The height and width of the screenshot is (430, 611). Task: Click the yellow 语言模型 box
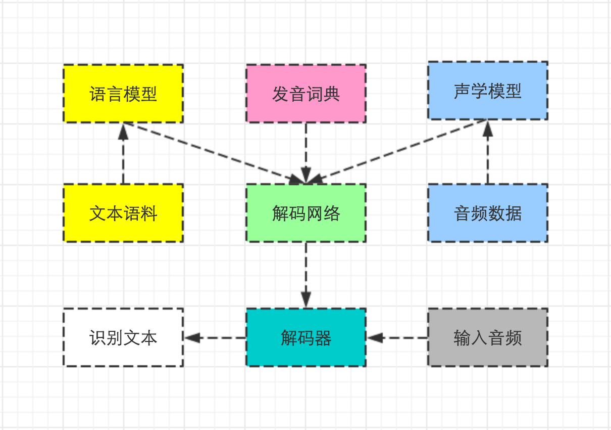pyautogui.click(x=123, y=94)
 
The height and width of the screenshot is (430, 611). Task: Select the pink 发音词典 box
pyautogui.click(x=306, y=94)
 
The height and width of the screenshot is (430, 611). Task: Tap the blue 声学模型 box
pyautogui.click(x=488, y=91)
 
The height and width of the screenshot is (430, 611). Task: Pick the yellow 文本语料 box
pyautogui.click(x=123, y=213)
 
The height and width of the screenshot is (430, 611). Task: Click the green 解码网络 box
pyautogui.click(x=306, y=213)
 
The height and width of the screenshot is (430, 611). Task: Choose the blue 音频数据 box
pyautogui.click(x=488, y=213)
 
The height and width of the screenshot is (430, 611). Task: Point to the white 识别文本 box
pyautogui.click(x=123, y=337)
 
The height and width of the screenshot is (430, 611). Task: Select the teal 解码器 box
pyautogui.click(x=306, y=337)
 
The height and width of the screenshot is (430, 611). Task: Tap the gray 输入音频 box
pyautogui.click(x=488, y=337)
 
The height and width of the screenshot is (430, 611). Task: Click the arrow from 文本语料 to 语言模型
pyautogui.click(x=123, y=157)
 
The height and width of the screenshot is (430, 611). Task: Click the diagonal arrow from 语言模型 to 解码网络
pyautogui.click(x=212, y=152)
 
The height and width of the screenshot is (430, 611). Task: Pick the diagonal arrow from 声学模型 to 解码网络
pyautogui.click(x=399, y=151)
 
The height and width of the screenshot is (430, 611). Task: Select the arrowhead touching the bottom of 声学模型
pyautogui.click(x=488, y=130)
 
